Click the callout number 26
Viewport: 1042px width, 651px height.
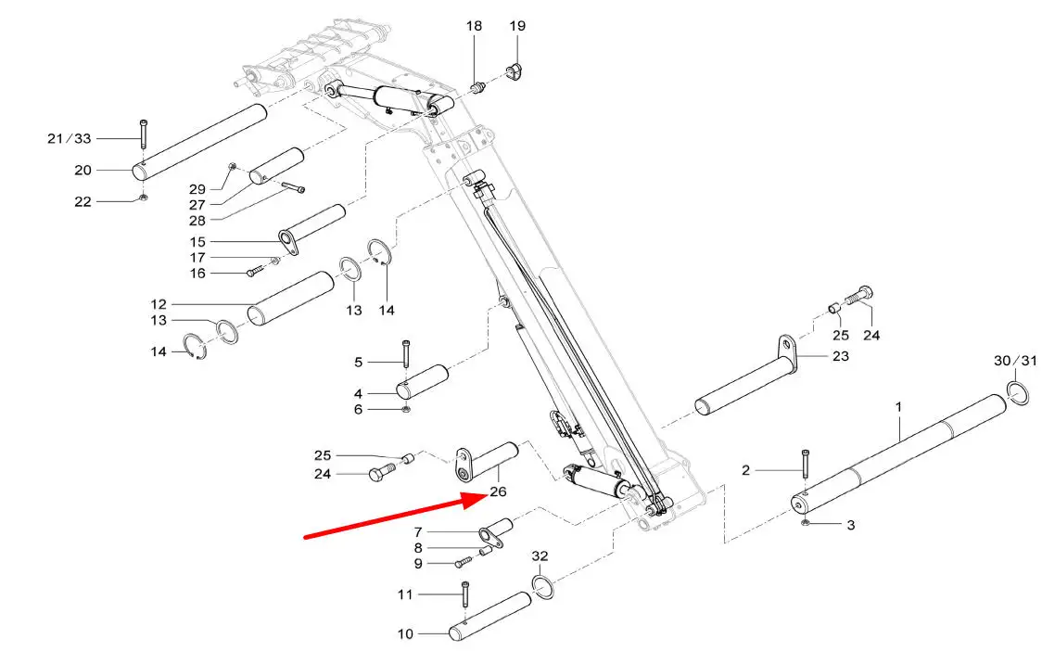(498, 491)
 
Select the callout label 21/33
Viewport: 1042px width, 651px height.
(70, 138)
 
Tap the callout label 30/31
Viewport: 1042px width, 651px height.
(1015, 361)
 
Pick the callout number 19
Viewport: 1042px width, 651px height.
(517, 26)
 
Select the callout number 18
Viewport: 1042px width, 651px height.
(474, 26)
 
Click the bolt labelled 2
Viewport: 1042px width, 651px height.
(806, 464)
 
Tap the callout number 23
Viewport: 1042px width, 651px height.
(841, 356)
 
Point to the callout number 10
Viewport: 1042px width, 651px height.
(405, 633)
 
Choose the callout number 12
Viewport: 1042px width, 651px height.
(159, 304)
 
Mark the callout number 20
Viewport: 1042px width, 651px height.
(83, 171)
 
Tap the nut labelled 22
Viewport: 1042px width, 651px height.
(144, 198)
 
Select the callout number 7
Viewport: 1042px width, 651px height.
(418, 532)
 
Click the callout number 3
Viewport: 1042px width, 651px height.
(851, 525)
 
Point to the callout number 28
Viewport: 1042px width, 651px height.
(197, 220)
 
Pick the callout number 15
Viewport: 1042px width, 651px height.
(197, 241)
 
